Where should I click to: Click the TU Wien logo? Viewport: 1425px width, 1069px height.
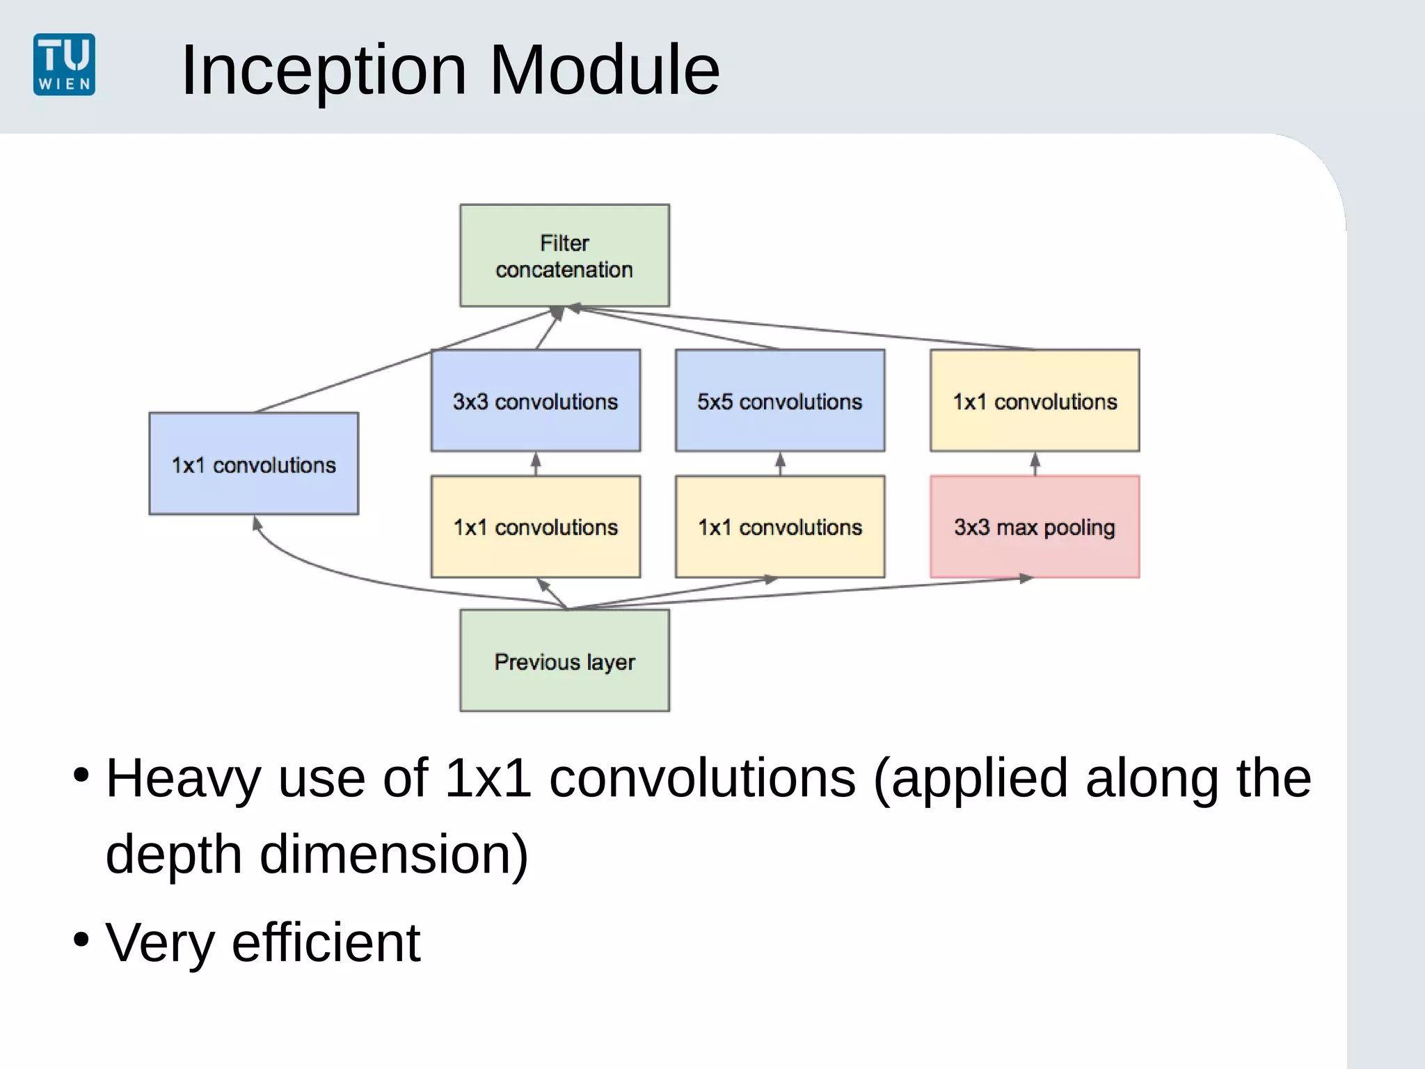pos(64,64)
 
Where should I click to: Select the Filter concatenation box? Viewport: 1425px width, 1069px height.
pos(564,255)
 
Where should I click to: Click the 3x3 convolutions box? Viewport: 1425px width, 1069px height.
pos(535,401)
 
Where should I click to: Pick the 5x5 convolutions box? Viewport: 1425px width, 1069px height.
pos(779,401)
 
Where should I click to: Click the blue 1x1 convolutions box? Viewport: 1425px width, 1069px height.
pos(253,464)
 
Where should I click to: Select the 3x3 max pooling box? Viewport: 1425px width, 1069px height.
pos(1034,527)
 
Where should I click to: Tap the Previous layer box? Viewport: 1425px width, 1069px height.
pos(564,660)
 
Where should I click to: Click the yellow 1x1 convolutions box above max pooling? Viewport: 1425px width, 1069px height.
pos(1034,401)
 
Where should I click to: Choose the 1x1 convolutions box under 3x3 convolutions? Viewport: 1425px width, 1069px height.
pos(535,527)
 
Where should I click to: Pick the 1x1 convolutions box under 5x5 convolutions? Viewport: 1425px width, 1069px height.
pos(779,527)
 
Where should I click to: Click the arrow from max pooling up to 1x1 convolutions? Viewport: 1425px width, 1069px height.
pos(1035,464)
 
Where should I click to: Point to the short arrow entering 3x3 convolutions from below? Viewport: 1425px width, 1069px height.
pos(536,464)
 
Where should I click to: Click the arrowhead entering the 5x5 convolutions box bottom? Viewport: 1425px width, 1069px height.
pos(780,459)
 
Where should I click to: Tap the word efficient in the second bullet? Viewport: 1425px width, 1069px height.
pos(326,942)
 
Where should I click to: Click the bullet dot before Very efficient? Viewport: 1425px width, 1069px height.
pos(81,940)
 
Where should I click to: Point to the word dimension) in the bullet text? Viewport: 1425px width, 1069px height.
pos(394,854)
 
